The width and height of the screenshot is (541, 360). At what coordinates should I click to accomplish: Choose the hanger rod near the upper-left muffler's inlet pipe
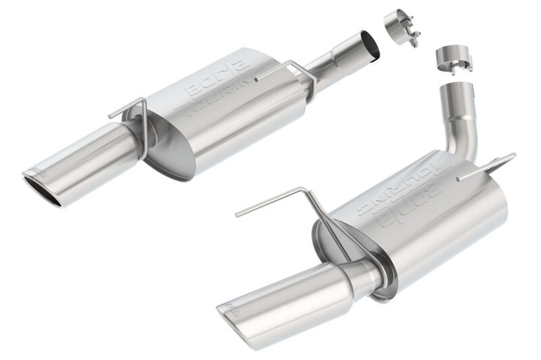click(x=289, y=71)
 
